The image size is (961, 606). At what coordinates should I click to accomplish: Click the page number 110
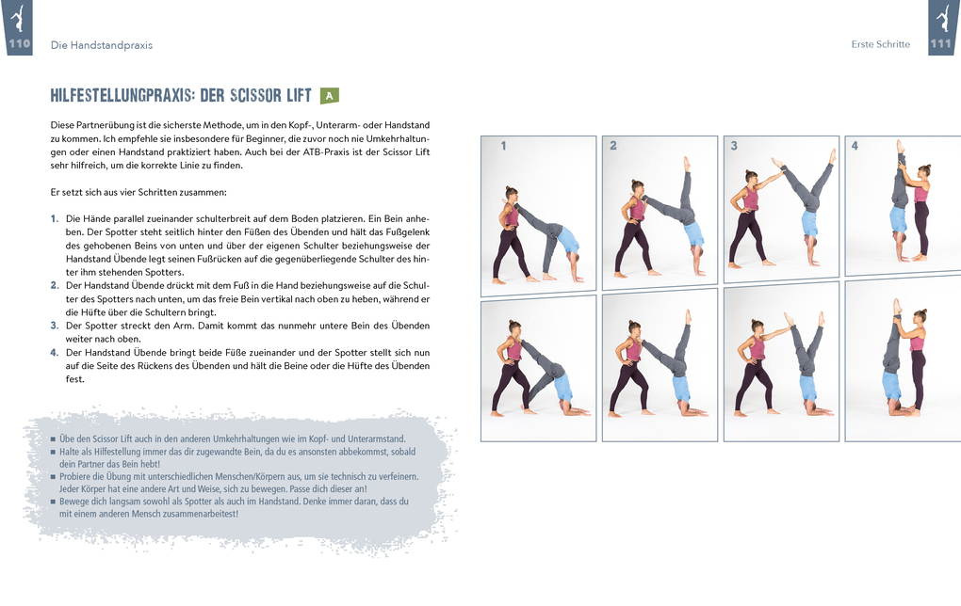pos(19,43)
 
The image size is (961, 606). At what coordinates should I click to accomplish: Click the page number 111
pos(941,43)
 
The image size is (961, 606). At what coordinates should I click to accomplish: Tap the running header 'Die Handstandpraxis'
pos(101,44)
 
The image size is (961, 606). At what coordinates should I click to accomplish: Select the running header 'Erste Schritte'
pos(880,44)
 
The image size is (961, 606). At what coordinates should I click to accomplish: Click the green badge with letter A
pos(329,95)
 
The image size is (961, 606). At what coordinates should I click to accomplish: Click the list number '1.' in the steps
pos(55,218)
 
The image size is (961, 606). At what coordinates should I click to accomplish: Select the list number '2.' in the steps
pos(55,284)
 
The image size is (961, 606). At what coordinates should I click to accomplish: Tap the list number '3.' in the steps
pos(55,325)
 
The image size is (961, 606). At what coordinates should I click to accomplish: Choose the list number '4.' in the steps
pos(55,352)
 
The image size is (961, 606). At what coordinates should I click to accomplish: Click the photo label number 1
pos(503,146)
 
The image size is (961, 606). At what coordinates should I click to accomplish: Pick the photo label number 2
pos(613,146)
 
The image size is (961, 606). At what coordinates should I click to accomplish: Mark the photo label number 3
pos(734,146)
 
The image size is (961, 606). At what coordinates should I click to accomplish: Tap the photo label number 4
pos(855,146)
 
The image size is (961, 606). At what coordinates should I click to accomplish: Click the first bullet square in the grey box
pos(53,439)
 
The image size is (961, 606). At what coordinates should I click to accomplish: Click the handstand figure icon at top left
pos(19,17)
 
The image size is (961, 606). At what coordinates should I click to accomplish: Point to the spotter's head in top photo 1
pos(511,193)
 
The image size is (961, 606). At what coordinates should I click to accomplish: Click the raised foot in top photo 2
pos(687,162)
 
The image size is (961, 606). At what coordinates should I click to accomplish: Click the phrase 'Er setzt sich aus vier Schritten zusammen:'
pos(138,192)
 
